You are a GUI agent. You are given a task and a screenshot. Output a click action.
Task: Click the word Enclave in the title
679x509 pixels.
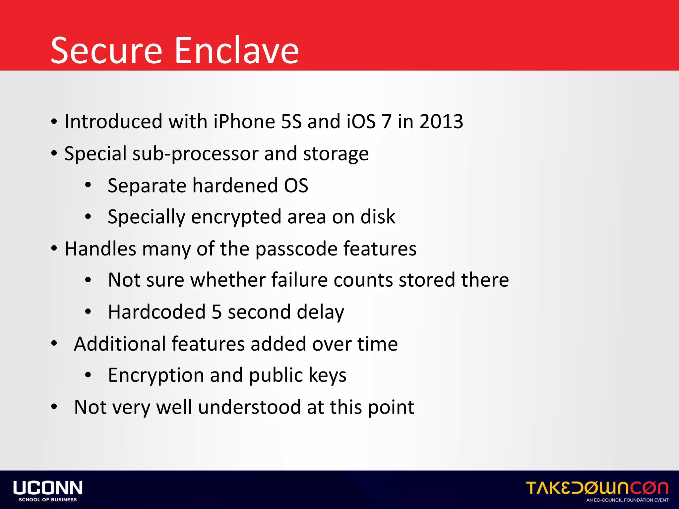coord(237,50)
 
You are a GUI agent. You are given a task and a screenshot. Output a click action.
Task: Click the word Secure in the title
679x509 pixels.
coord(106,50)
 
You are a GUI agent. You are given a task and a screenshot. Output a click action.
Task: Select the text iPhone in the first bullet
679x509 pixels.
coord(244,121)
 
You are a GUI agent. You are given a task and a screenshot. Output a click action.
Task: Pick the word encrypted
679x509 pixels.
coord(236,217)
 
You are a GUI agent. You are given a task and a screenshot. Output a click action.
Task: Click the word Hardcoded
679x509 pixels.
coord(157,312)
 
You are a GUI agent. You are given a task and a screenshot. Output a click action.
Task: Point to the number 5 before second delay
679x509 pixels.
coord(216,312)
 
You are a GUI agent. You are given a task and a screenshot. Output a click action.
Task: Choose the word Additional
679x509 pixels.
coord(120,344)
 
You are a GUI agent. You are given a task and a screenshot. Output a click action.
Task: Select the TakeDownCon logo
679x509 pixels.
coord(597,488)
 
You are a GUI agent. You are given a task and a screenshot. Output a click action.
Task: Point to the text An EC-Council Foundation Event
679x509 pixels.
coord(627,500)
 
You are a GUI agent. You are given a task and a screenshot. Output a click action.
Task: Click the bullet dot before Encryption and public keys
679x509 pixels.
coord(88,375)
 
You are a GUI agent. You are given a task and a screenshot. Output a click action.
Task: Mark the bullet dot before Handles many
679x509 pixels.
coord(54,249)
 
